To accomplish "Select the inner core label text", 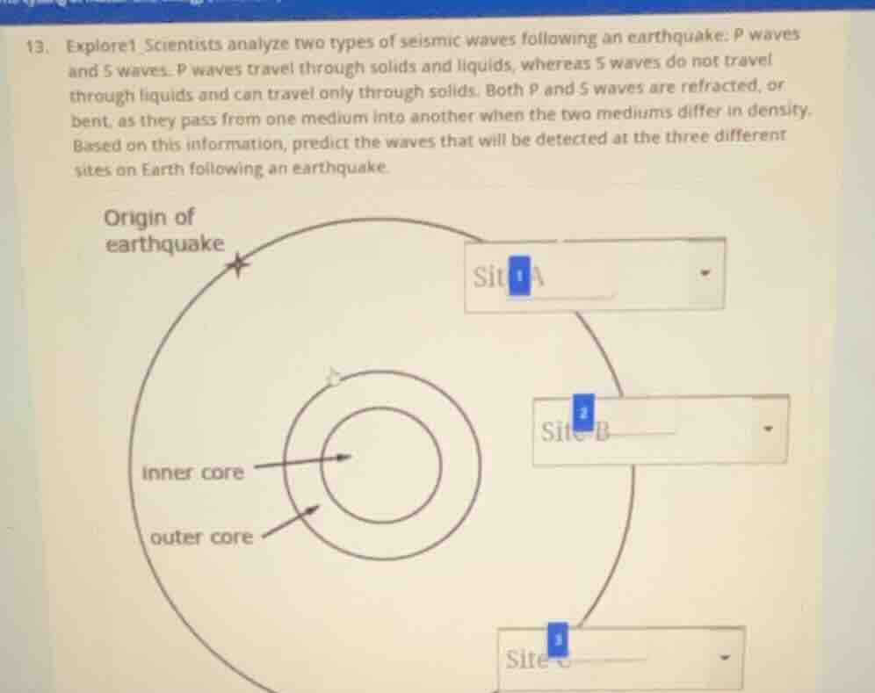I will (x=193, y=473).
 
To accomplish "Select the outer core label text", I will (x=201, y=537).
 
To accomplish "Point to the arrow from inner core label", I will (x=302, y=460).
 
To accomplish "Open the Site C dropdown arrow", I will (x=724, y=656).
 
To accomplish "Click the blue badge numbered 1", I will (x=519, y=277).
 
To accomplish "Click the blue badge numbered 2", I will (x=583, y=412).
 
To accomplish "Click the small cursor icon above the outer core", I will (x=333, y=378).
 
